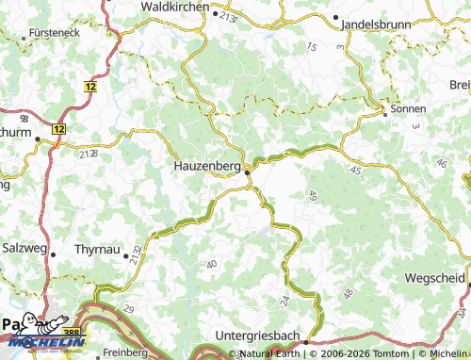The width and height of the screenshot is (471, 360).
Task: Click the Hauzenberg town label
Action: tap(207, 165)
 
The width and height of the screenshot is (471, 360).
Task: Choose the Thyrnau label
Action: tap(96, 253)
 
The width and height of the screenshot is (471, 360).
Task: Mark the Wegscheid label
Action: tap(433, 279)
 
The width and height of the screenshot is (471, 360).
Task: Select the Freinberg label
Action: tap(126, 353)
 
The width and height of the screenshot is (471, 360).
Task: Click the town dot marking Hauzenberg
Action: tap(248, 171)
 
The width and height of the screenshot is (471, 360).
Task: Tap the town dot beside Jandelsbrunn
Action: tap(336, 18)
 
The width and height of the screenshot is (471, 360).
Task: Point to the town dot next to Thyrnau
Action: tap(125, 253)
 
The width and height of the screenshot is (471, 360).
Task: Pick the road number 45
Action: tap(355, 170)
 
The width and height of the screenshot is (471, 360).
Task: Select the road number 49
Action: tap(312, 196)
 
